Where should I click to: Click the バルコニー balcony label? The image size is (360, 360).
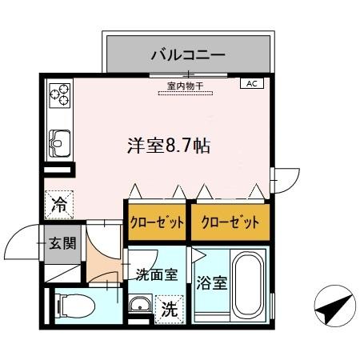(188, 56)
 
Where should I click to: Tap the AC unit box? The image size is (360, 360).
(250, 83)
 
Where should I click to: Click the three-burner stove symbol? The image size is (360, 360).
(60, 97)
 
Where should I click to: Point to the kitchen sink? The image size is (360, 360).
(60, 144)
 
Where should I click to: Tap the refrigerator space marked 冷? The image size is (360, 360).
(60, 204)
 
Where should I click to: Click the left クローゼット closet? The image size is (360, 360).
(157, 222)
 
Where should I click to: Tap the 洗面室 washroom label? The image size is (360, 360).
(155, 276)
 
